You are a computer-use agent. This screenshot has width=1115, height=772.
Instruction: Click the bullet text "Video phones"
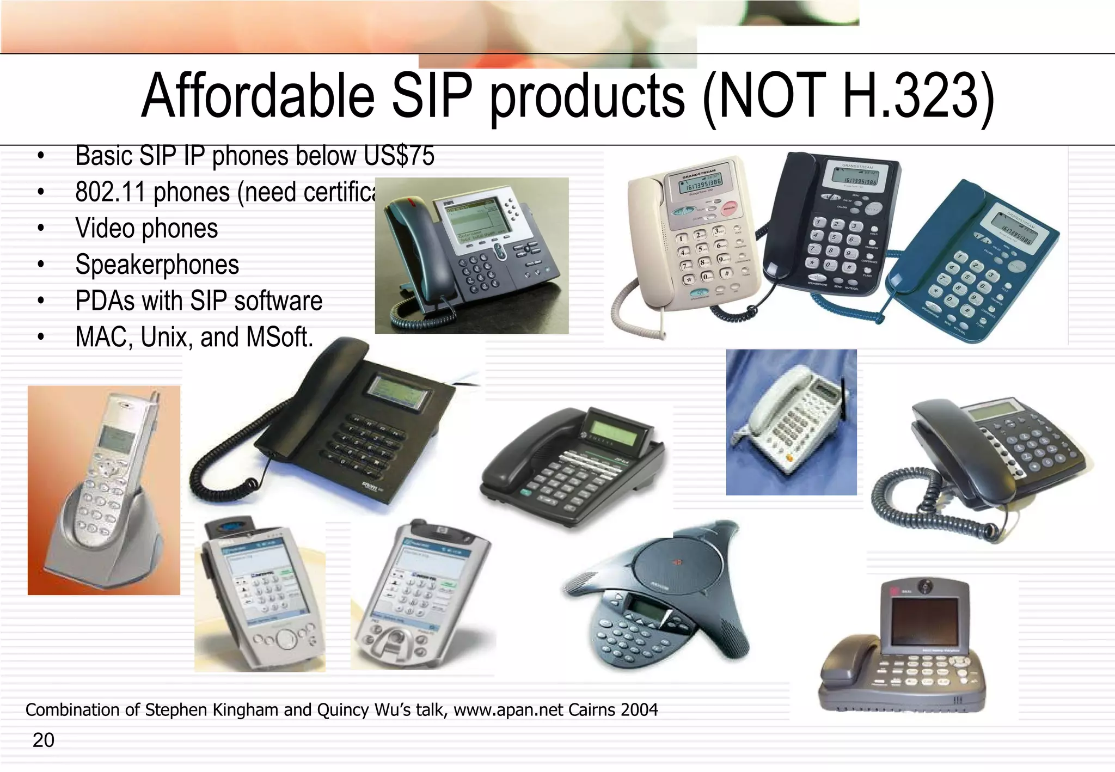tap(146, 229)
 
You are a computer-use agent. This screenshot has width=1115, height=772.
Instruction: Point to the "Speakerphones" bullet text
tap(157, 265)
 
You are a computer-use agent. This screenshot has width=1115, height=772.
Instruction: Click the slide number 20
tap(44, 740)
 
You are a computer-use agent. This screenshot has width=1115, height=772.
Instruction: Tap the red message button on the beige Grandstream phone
tap(728, 209)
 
